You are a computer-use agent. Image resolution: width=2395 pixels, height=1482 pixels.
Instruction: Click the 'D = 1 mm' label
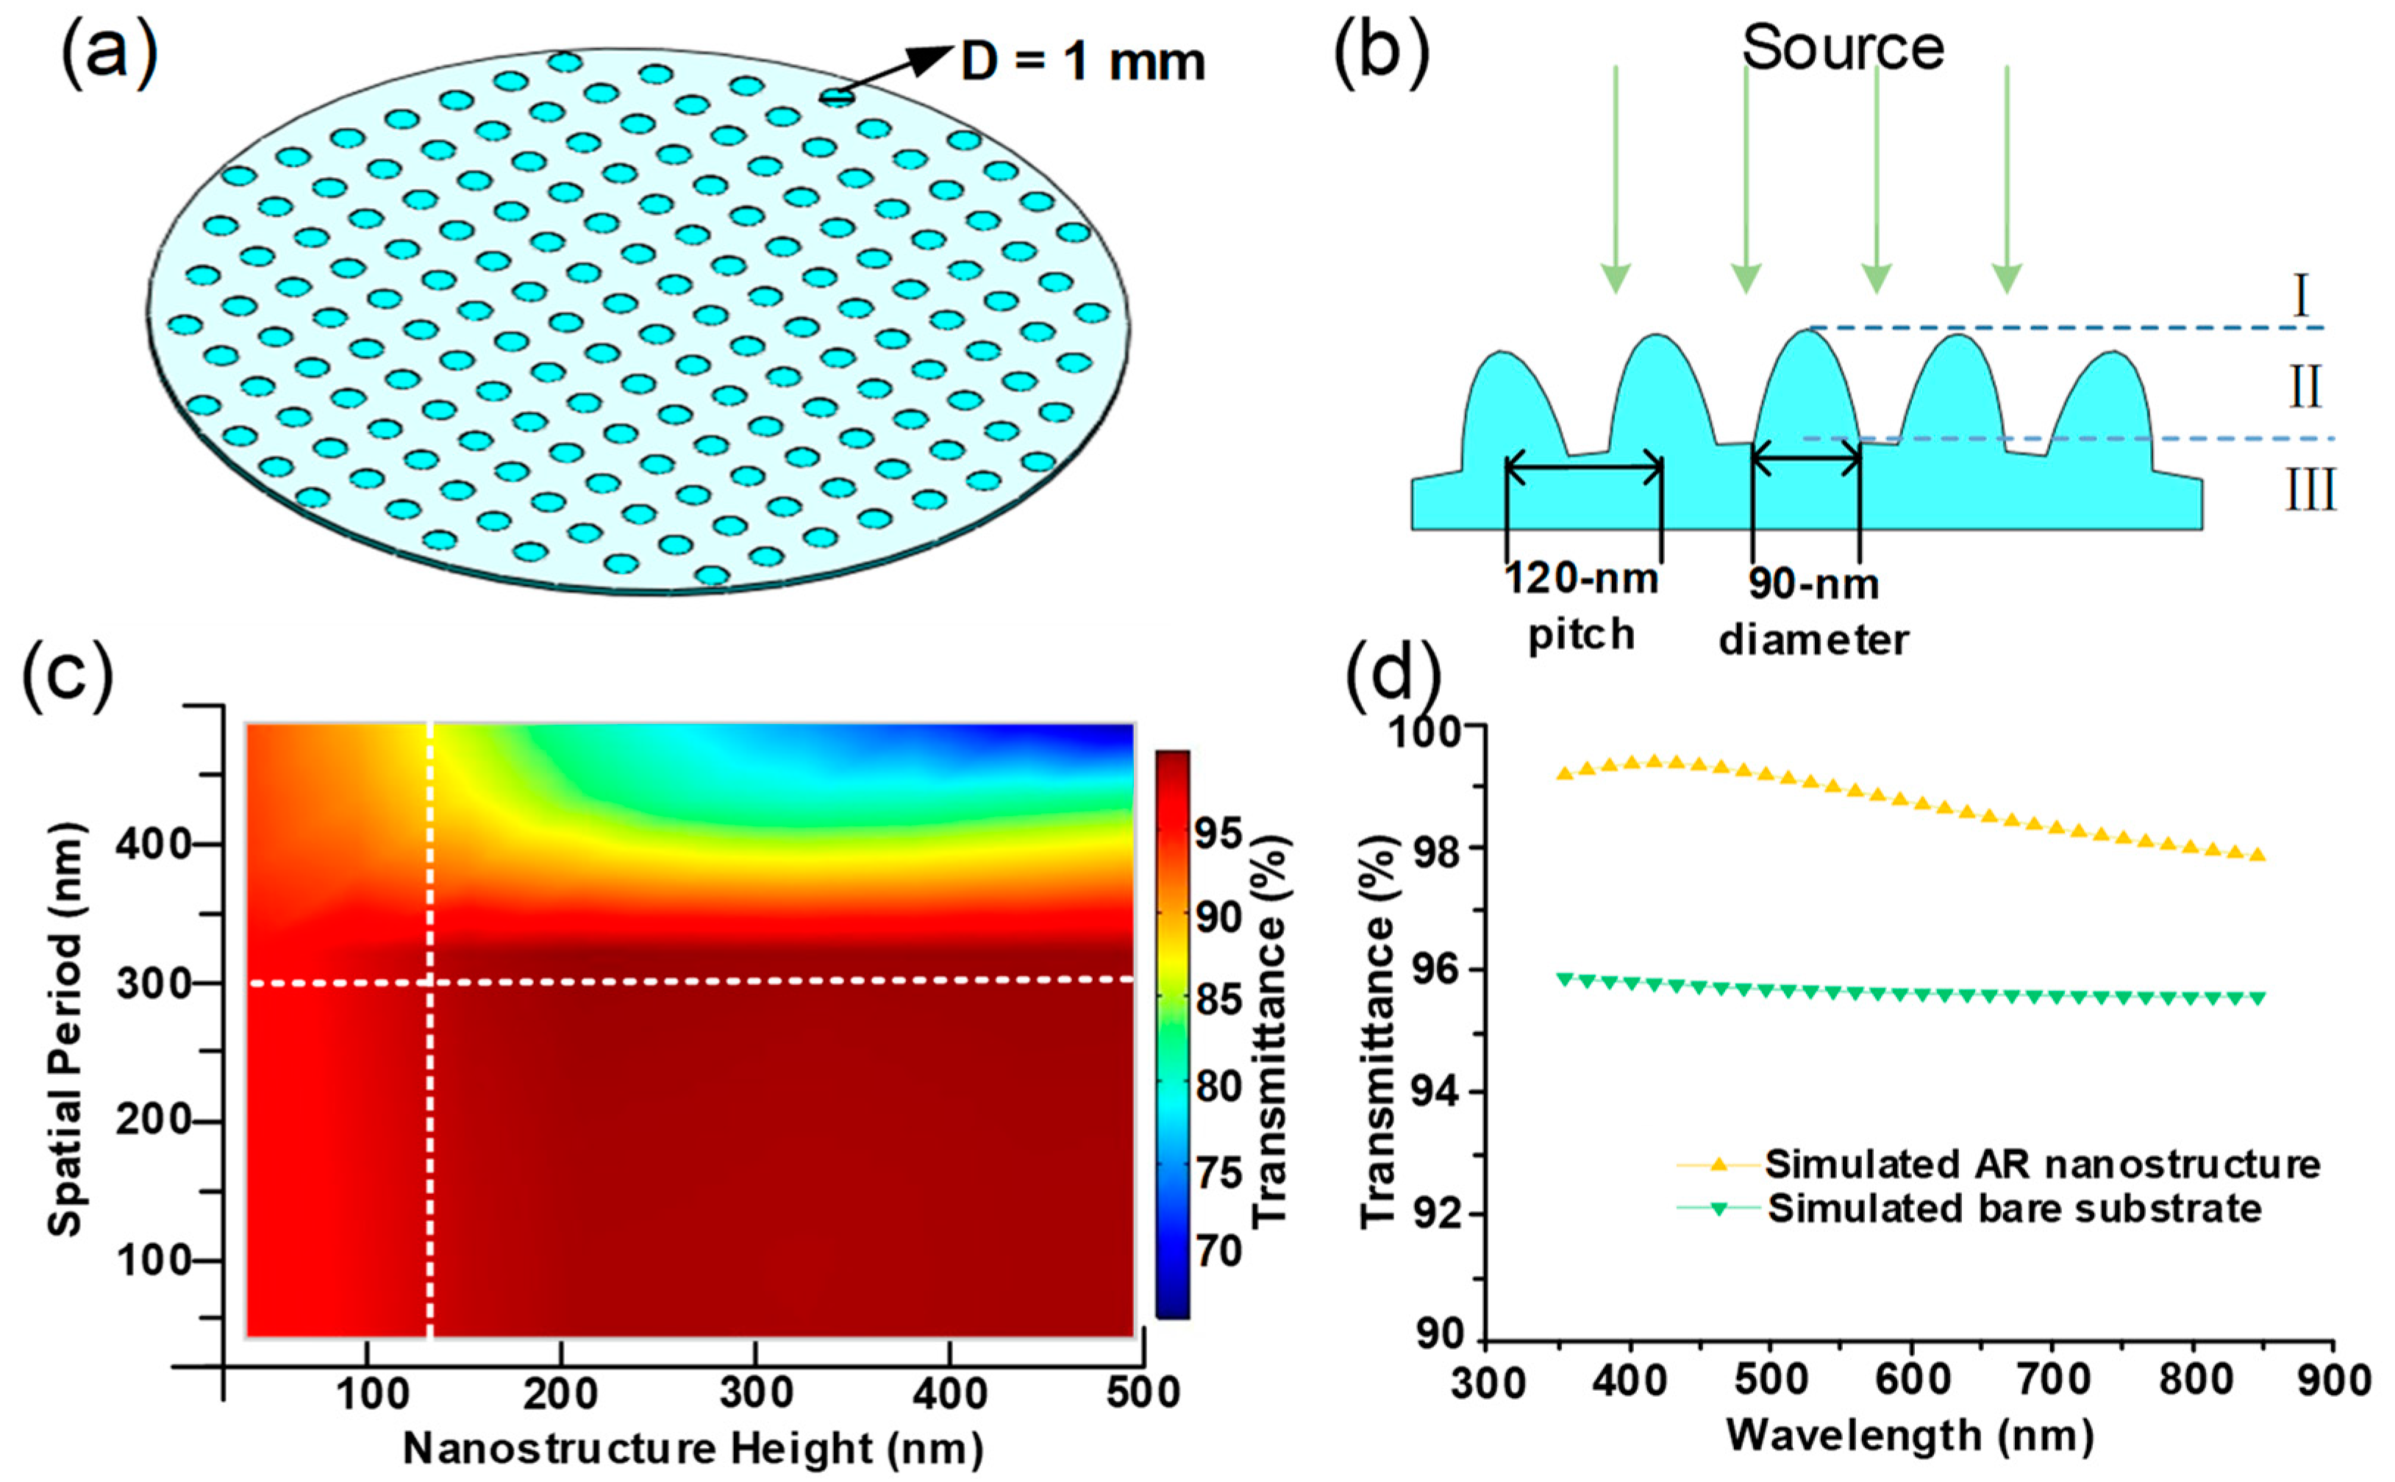(x=1082, y=62)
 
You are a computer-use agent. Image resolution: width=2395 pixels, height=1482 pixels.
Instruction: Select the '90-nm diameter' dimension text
(x=1815, y=612)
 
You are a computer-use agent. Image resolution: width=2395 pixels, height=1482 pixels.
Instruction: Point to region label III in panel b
(x=2310, y=490)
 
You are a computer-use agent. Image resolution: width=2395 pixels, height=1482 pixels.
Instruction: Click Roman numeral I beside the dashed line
(x=2302, y=297)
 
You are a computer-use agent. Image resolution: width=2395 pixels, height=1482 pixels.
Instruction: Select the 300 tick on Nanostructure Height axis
(x=755, y=1392)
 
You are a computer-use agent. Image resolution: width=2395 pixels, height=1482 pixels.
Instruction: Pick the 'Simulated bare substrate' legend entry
(x=2015, y=1208)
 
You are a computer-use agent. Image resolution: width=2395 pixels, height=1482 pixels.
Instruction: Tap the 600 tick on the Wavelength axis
(x=1912, y=1380)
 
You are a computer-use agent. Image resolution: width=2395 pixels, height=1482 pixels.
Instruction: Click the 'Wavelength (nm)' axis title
(x=1910, y=1436)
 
